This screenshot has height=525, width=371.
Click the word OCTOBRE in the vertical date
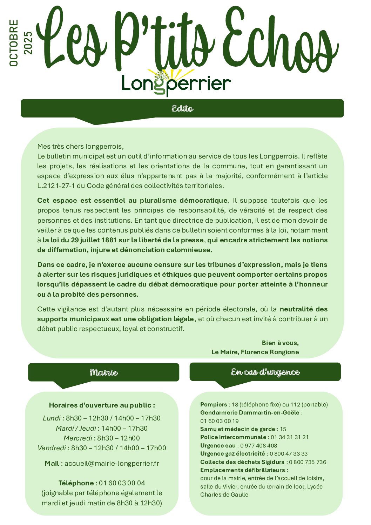14,43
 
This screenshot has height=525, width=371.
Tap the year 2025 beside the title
28,43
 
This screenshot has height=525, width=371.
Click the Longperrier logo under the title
176,83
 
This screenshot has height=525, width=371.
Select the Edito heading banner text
182,108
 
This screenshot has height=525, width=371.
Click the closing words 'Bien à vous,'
280,343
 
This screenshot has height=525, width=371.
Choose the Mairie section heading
104,372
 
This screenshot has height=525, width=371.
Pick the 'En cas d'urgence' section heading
265,372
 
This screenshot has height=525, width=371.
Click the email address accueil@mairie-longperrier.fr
112,463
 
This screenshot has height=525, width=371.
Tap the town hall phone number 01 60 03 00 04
122,483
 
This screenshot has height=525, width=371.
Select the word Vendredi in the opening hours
52,448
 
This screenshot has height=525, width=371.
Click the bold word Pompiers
214,404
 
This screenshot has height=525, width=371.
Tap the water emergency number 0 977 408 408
258,445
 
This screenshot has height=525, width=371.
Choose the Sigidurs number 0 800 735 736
308,462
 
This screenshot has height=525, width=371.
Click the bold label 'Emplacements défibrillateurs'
243,470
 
